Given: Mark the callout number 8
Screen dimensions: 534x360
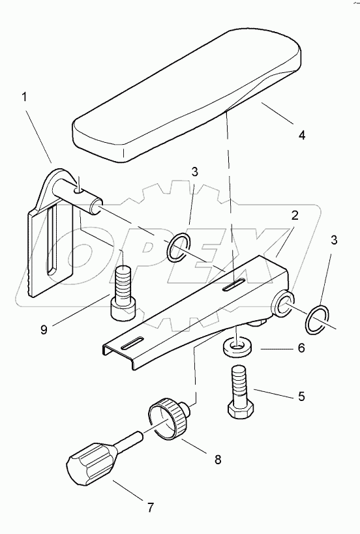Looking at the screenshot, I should [217, 459].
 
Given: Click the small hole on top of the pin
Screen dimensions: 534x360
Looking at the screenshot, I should [78, 190].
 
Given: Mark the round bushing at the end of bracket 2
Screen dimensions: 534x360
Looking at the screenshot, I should [283, 303].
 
